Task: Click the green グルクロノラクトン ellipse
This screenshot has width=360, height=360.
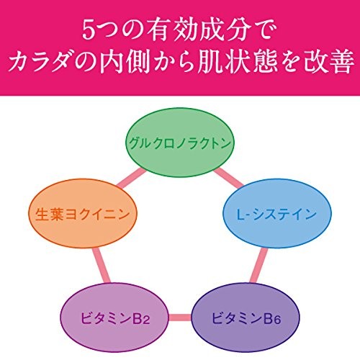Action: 180,143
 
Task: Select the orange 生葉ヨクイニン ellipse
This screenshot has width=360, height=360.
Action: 83,213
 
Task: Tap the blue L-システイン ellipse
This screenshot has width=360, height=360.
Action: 277,213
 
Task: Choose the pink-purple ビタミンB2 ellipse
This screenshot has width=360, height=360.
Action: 114,318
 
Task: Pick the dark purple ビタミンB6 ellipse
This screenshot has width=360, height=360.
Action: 246,318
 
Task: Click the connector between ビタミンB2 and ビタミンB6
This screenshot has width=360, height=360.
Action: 180,318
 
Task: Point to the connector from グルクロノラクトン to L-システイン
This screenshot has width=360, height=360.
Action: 229,178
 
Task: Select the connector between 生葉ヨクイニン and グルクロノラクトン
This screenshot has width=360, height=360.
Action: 131,178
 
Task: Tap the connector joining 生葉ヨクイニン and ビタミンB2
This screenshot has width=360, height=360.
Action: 102,265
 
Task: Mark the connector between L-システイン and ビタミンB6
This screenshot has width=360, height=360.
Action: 258,265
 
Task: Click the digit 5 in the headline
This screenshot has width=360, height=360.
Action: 89,30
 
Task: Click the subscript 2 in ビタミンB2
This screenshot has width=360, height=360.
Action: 146,320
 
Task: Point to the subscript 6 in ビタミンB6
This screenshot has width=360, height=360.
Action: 276,320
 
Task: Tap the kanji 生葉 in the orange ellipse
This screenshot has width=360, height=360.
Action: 50,214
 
